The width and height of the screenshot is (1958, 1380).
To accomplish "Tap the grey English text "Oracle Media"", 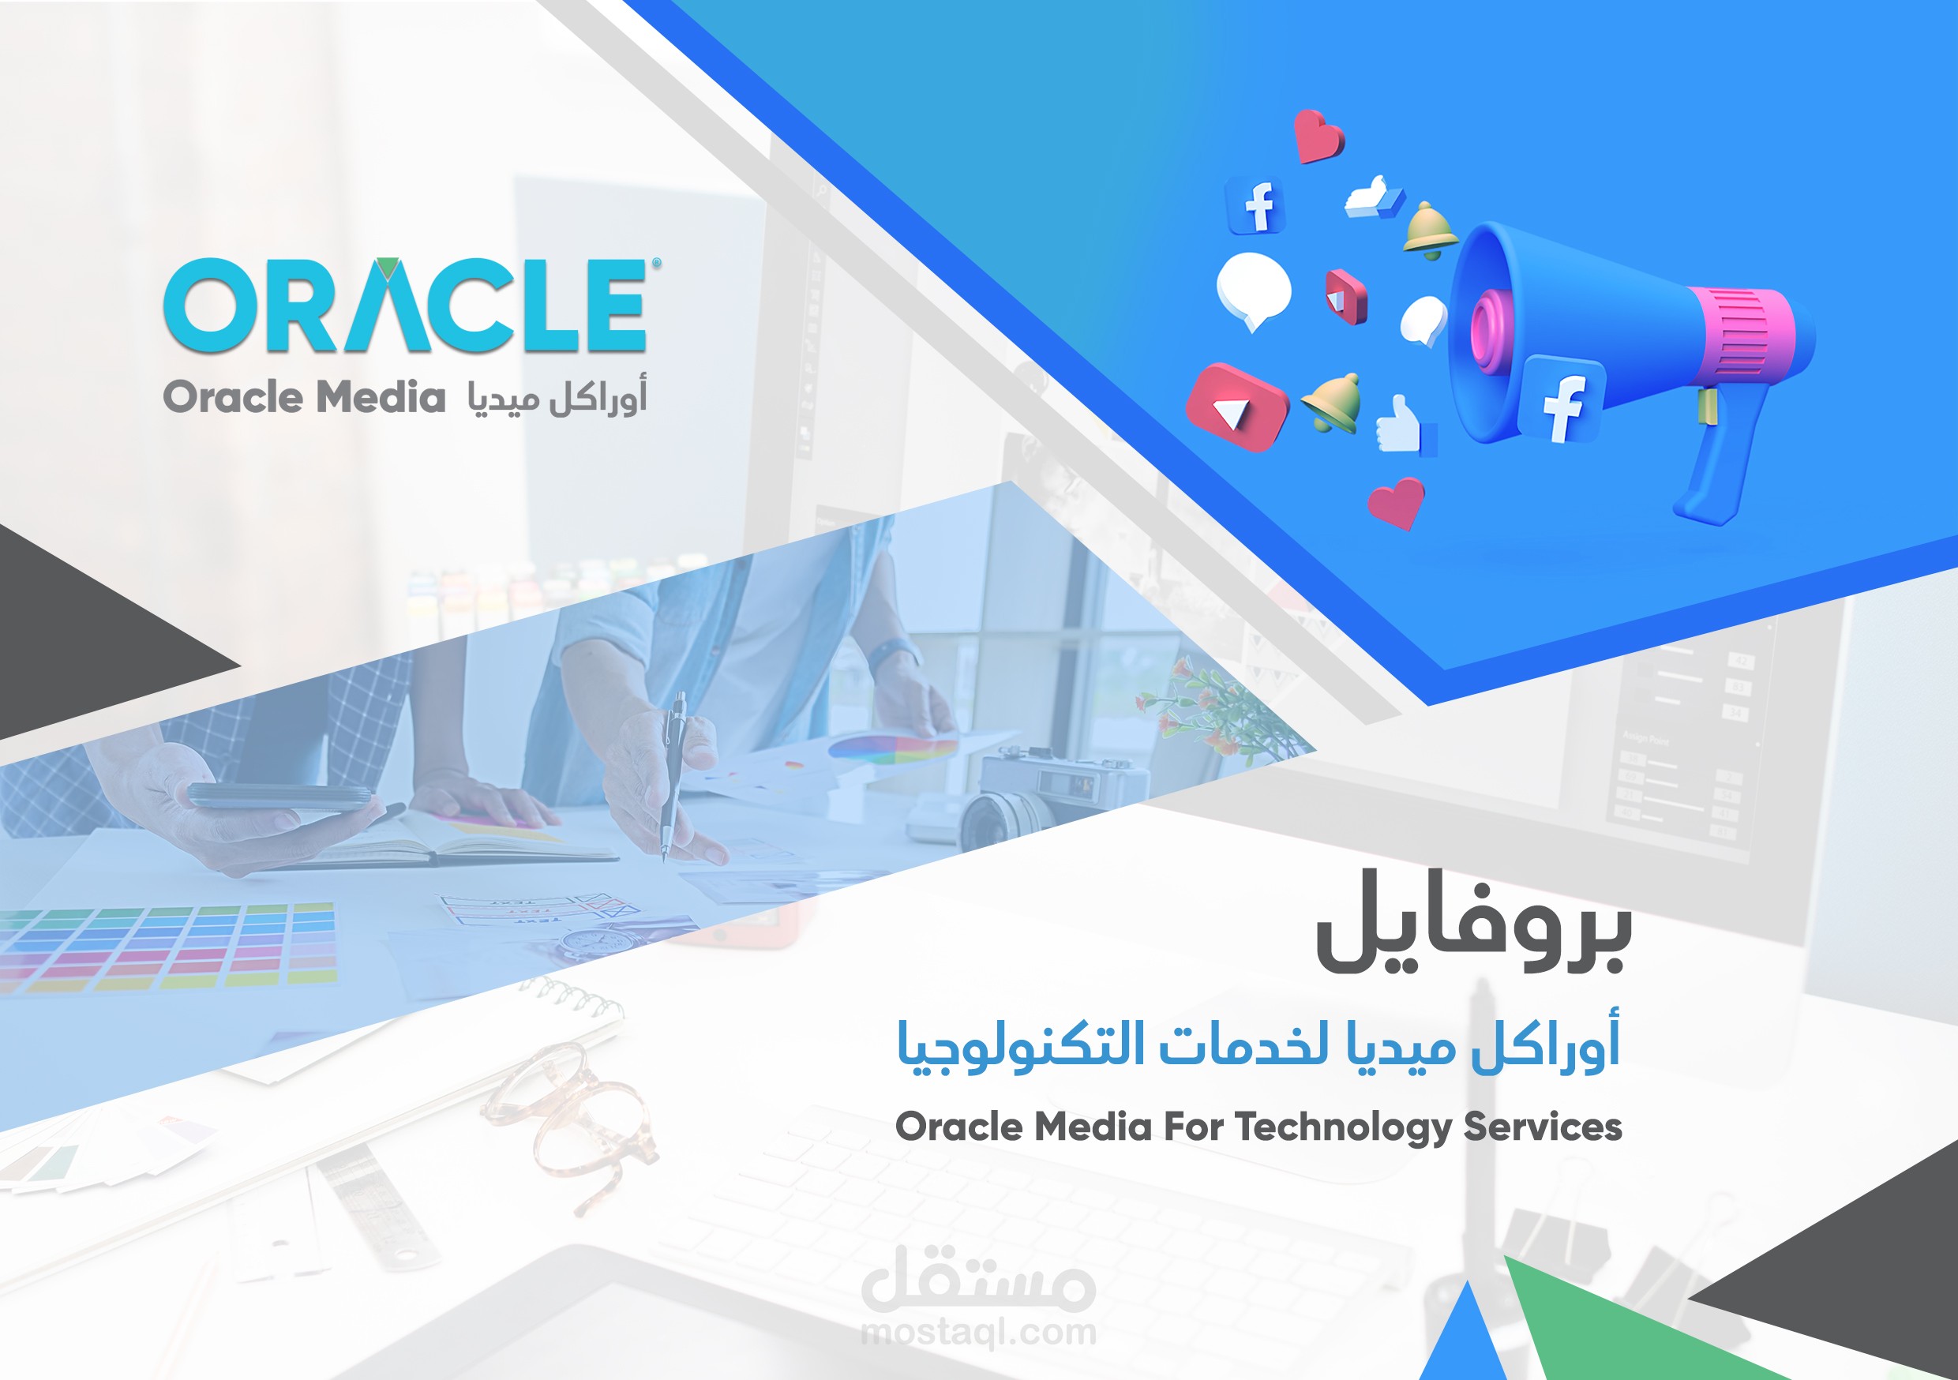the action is coord(305,399).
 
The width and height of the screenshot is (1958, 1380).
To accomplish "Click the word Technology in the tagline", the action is coord(1344,1127).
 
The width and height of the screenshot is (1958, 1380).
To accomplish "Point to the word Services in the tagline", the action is coord(1543,1127).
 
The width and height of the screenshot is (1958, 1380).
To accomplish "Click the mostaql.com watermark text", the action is coord(979,1331).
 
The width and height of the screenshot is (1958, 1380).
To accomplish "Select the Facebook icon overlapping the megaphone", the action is coord(1562,399).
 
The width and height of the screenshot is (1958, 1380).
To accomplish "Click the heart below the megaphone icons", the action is coord(1397,503).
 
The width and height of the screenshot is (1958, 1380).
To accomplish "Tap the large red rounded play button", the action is coord(1236,407).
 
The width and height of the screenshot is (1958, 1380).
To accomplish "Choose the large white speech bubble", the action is coord(1254,290).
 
